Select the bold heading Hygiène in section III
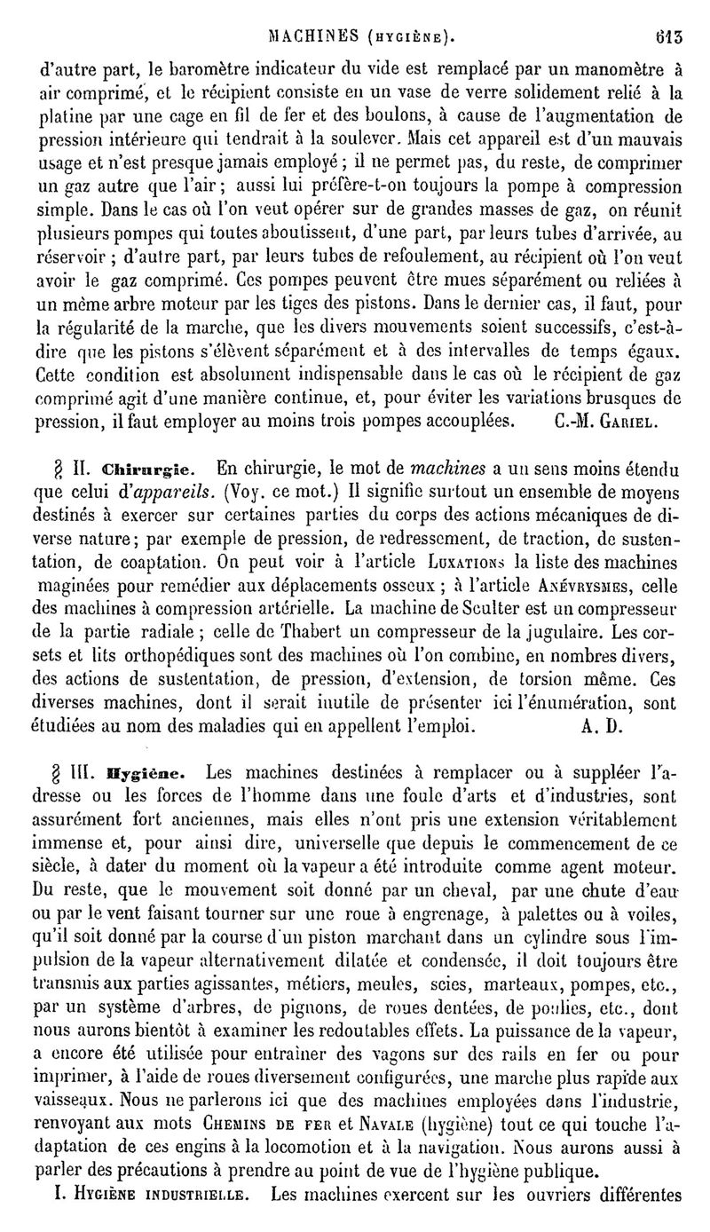(x=146, y=771)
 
